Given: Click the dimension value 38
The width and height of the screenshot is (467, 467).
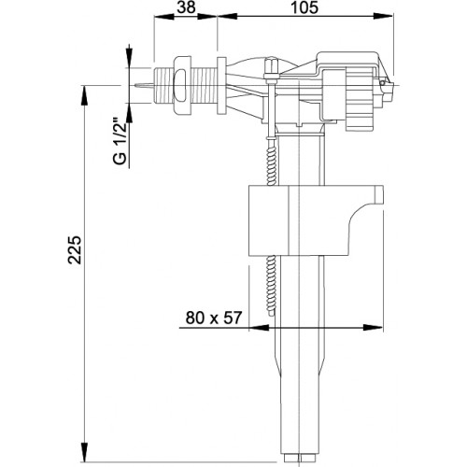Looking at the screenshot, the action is pyautogui.click(x=186, y=7).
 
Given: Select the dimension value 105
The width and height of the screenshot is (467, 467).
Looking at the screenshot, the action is pyautogui.click(x=304, y=7).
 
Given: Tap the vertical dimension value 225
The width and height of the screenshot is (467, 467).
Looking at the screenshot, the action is pyautogui.click(x=75, y=250).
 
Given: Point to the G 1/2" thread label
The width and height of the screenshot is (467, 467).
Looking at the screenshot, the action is pyautogui.click(x=120, y=141).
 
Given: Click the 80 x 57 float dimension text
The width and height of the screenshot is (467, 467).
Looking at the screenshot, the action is pyautogui.click(x=214, y=318).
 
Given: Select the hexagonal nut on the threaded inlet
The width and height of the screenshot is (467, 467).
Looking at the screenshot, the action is pyautogui.click(x=181, y=85).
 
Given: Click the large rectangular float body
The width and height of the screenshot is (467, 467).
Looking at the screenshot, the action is pyautogui.click(x=316, y=220).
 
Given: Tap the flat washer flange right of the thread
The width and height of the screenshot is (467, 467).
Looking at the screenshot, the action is pyautogui.click(x=221, y=86).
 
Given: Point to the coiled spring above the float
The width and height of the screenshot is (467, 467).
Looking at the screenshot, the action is pyautogui.click(x=272, y=162).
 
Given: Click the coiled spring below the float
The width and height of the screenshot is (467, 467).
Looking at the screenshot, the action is pyautogui.click(x=272, y=286).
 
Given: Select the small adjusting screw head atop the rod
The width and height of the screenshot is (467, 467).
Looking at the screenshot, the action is pyautogui.click(x=270, y=65).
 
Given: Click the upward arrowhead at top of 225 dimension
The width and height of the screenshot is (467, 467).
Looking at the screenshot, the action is pyautogui.click(x=84, y=96).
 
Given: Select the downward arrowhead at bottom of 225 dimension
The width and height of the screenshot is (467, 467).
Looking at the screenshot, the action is pyautogui.click(x=84, y=451).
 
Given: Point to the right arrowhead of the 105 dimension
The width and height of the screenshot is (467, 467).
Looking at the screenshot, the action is pyautogui.click(x=383, y=17).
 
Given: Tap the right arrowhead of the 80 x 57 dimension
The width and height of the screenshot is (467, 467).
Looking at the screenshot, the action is pyautogui.click(x=373, y=328).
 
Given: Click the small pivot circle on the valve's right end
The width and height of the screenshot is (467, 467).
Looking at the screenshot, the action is pyautogui.click(x=382, y=83).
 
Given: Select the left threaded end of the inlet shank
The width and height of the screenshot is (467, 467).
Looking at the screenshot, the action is pyautogui.click(x=163, y=85).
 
